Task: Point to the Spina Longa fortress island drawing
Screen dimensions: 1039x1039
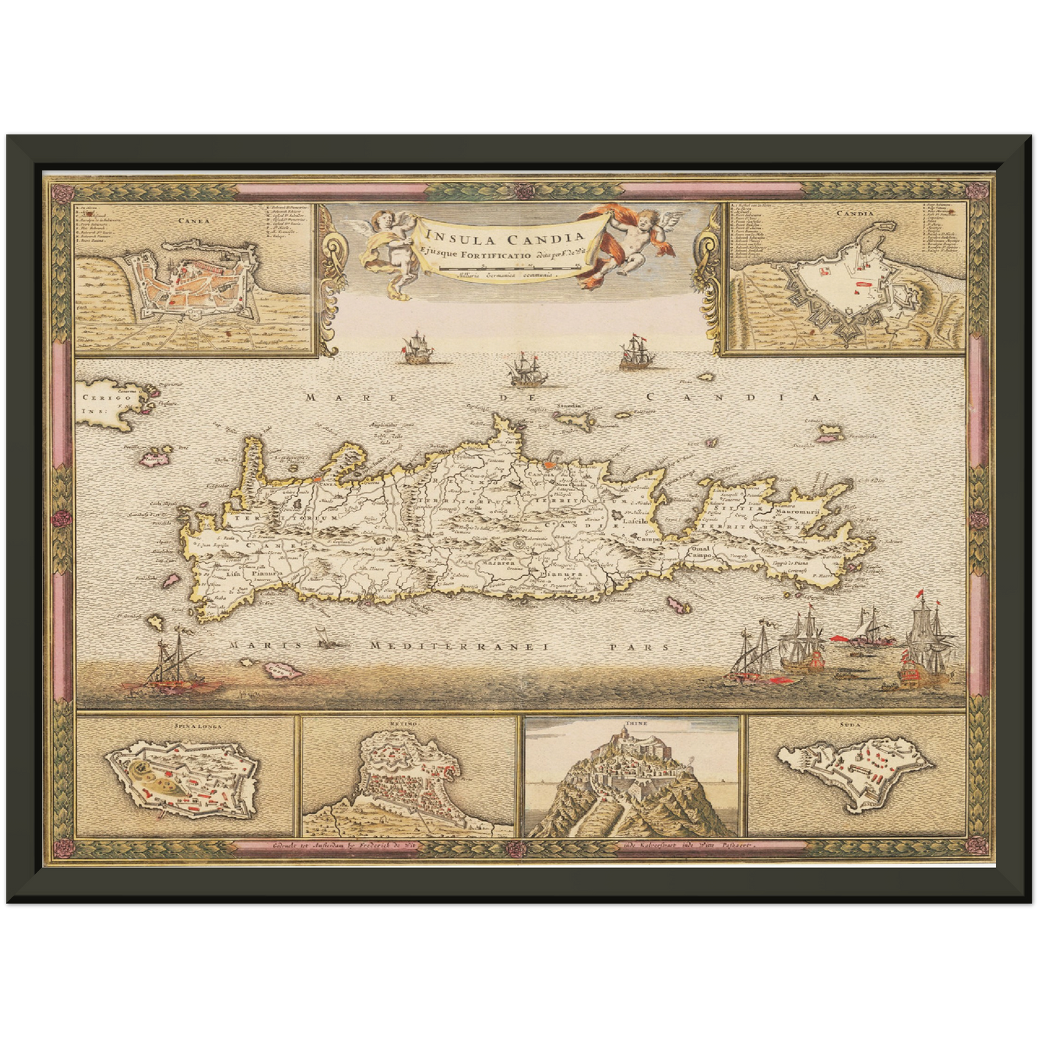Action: [183, 779]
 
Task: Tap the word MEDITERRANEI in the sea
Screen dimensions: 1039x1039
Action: [459, 646]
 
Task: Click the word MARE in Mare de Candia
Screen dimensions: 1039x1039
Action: [330, 397]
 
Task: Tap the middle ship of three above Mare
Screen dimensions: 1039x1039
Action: [523, 371]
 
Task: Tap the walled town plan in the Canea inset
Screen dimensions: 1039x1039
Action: [191, 285]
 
